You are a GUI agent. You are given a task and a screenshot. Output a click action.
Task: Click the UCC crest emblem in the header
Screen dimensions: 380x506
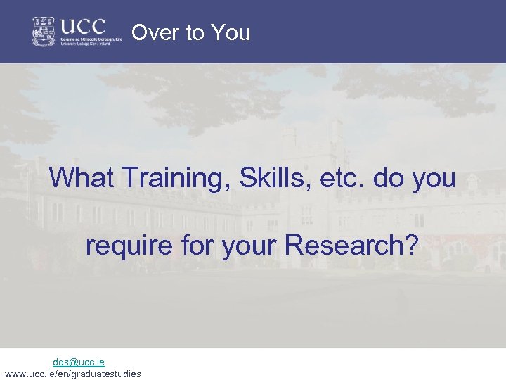44,32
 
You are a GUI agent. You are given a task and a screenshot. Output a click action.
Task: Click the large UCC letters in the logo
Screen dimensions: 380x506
82,27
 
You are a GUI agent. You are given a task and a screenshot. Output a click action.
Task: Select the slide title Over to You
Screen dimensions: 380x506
190,33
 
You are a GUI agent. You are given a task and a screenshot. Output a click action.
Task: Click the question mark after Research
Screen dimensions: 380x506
411,246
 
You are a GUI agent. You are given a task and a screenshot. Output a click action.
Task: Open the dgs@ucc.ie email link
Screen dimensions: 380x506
79,362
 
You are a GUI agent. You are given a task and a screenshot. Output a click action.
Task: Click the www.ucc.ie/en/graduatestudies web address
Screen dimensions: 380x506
72,374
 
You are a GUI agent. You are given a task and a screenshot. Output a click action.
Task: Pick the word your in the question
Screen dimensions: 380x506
250,246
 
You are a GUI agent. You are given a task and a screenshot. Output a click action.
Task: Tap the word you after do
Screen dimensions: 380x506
434,178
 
